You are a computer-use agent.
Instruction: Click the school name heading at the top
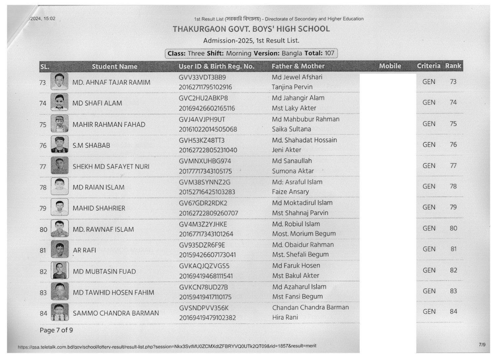(251, 29)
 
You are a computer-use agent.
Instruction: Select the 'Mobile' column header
(390, 66)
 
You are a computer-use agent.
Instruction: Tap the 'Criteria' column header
(428, 66)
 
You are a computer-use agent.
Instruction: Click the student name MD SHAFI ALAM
(97, 103)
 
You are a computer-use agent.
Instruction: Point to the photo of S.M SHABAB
(60, 144)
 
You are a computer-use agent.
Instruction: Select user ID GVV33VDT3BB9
(202, 77)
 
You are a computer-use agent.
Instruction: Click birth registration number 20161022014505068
(208, 129)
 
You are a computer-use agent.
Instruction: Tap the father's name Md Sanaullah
(292, 161)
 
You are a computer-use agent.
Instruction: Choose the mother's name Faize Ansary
(290, 192)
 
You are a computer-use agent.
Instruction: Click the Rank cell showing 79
(453, 207)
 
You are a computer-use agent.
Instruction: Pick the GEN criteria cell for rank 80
(429, 228)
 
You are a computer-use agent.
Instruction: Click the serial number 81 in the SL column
(43, 250)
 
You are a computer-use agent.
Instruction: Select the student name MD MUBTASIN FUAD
(104, 271)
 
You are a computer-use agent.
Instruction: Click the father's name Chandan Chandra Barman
(310, 307)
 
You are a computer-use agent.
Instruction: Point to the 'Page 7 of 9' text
(56, 330)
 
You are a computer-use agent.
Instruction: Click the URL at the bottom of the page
(167, 346)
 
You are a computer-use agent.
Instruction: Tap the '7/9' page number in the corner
(482, 344)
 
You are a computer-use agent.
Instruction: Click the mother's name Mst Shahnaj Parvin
(300, 213)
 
